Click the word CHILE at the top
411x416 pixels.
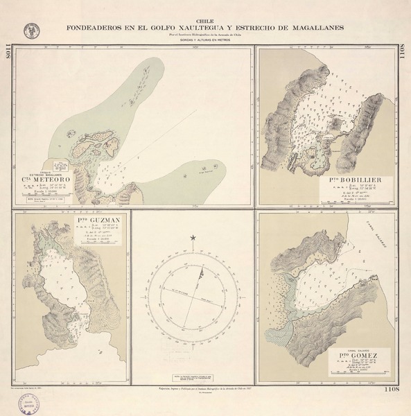pyautogui.click(x=205, y=22)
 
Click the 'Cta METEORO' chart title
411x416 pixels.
pyautogui.click(x=47, y=183)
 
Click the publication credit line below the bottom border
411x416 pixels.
pyautogui.click(x=205, y=390)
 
